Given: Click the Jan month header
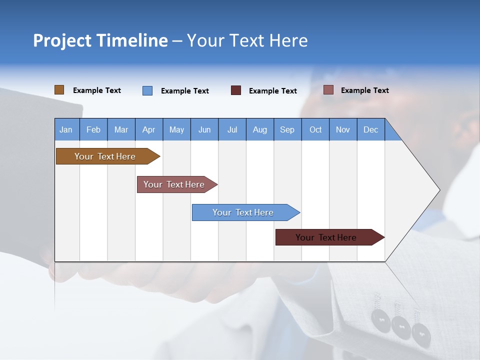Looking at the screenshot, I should click(66, 129).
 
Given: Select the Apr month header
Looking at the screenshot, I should click(148, 129).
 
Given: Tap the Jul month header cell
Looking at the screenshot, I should click(232, 129).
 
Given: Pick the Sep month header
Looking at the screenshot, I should click(287, 129).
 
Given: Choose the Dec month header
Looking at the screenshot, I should click(370, 129).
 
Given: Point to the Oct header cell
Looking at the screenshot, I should click(315, 129).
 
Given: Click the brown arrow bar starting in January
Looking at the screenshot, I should click(105, 156).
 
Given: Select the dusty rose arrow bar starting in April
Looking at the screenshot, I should click(174, 184).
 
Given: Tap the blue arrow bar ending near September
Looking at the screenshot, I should click(243, 212).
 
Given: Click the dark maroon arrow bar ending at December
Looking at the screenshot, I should click(326, 237).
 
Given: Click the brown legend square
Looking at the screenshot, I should click(59, 90).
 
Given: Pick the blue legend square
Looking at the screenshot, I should click(147, 90).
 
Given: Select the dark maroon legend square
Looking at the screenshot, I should click(236, 90).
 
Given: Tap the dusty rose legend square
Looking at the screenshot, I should click(328, 90).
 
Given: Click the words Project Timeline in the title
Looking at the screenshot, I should click(100, 40).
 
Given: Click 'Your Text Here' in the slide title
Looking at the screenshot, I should click(247, 40).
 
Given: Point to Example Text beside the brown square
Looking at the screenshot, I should click(97, 90).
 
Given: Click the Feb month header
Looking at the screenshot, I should click(93, 129).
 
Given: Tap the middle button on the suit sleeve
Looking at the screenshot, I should click(401, 325).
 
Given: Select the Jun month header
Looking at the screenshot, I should click(204, 129).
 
